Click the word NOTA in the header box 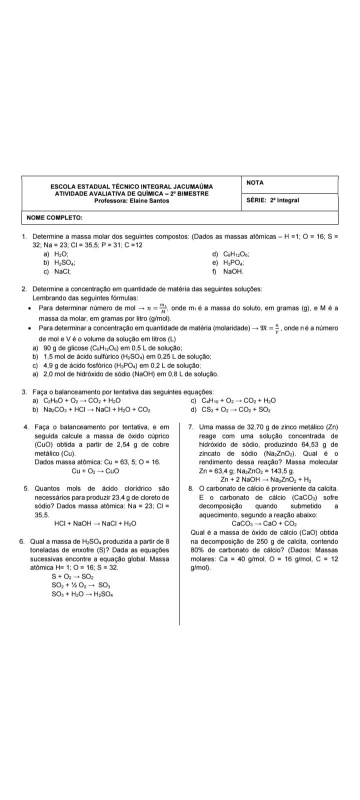click(255, 183)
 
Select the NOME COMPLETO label click(55, 217)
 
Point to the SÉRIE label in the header click(256, 200)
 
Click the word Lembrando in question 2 click(48, 297)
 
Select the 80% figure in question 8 click(197, 550)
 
